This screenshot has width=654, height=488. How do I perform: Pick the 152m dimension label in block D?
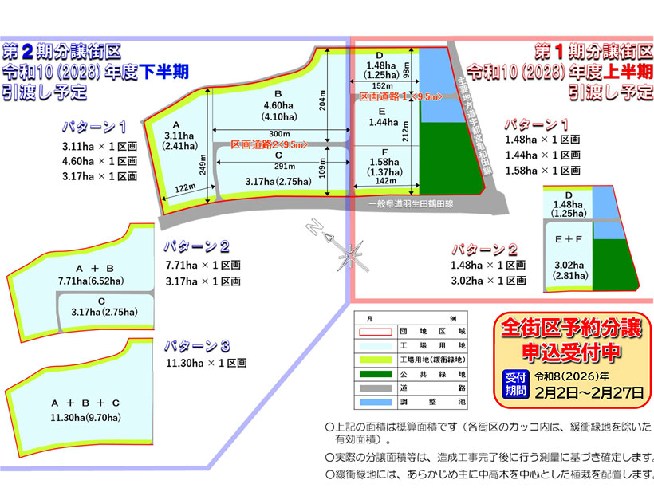[x=382, y=85]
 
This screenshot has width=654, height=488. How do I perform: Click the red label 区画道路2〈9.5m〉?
[x=266, y=145]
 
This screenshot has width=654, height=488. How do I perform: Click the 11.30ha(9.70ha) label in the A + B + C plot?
[x=85, y=417]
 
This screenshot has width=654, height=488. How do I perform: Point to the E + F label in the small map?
[x=569, y=237]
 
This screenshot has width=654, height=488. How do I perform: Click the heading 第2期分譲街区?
[x=61, y=53]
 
